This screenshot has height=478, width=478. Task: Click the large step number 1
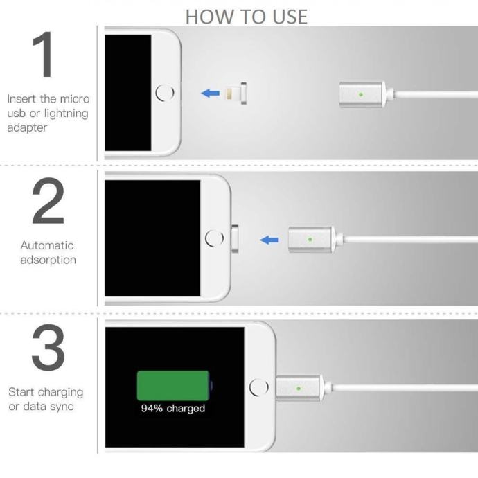click(44, 54)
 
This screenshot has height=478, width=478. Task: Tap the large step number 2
click(48, 201)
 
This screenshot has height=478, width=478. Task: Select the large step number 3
click(48, 347)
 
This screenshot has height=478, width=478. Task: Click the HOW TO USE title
click(247, 17)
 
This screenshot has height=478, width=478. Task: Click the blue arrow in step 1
click(211, 93)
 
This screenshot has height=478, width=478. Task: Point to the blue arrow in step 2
click(269, 240)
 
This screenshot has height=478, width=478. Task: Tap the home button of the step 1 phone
click(165, 93)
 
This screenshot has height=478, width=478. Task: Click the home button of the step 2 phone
click(214, 238)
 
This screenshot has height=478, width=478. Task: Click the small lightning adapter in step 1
click(236, 94)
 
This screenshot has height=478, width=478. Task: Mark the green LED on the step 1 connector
click(361, 95)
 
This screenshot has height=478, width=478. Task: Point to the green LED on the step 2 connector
click(310, 240)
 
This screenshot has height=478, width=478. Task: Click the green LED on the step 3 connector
click(299, 389)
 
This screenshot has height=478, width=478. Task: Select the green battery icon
click(175, 386)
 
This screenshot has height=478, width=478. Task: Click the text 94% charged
click(173, 408)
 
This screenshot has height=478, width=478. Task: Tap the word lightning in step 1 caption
click(66, 114)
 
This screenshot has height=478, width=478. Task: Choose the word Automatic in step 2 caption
click(47, 245)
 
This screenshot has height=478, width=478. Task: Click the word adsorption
click(48, 260)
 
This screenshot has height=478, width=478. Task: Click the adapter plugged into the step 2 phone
click(235, 239)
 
